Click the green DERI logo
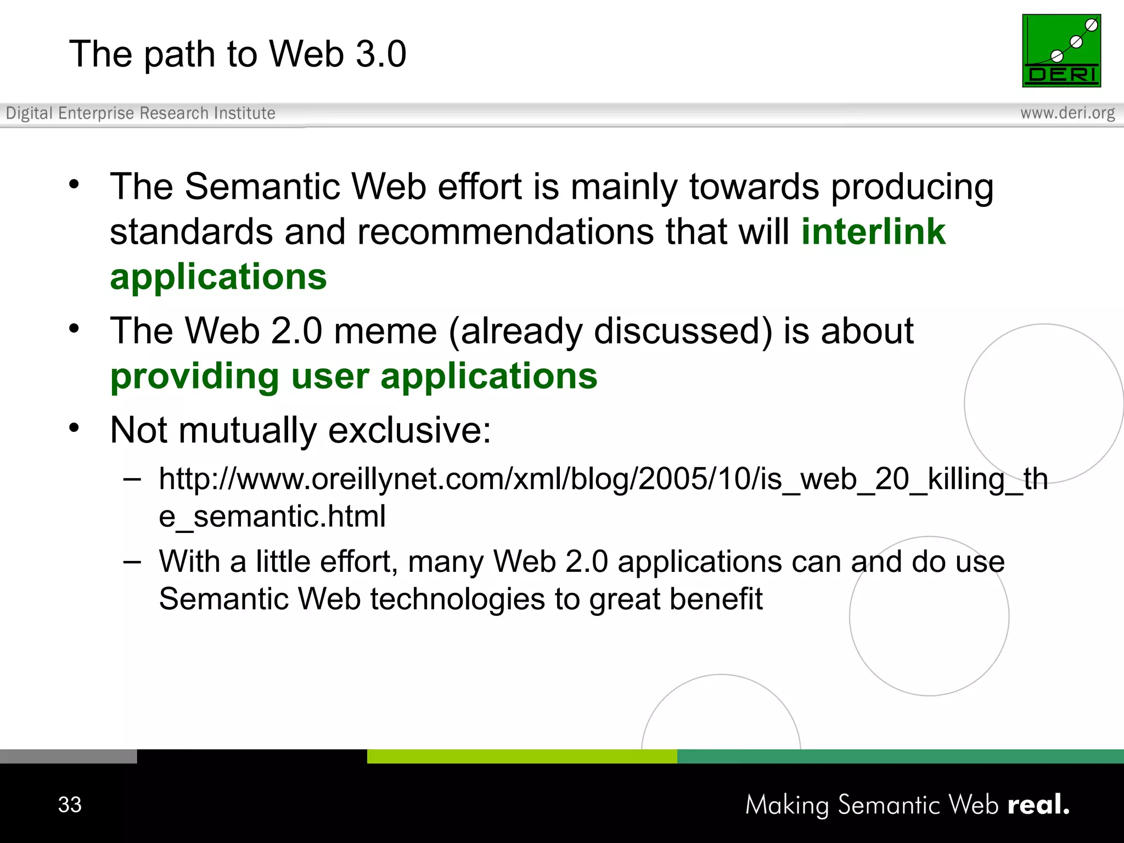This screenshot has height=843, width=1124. pos(1061,50)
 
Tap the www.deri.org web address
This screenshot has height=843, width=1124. pos(1067,113)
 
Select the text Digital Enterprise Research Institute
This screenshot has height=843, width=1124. pos(140,113)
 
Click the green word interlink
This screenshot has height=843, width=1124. pos(873,232)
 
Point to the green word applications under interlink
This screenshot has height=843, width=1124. pos(218,276)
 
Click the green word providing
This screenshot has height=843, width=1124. pos(195,377)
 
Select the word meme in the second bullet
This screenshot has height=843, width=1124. pos(385,331)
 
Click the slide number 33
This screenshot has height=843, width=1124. pos(70,805)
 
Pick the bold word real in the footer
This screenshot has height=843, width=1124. pos(1037,805)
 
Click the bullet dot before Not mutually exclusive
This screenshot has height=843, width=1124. pos(74,428)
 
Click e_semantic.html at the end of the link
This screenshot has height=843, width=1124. pos(272,516)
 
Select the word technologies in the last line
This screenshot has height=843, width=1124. pos(457,599)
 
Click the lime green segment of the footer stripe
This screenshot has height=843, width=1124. pos(521,756)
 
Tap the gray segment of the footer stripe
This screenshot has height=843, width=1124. pos(68,756)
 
